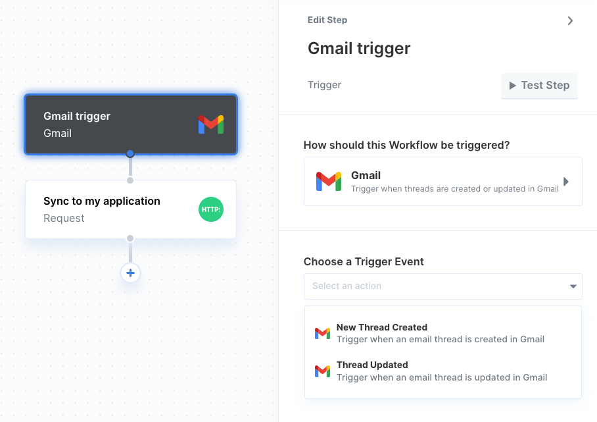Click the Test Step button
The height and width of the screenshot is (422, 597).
(539, 86)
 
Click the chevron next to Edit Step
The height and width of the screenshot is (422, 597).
(570, 20)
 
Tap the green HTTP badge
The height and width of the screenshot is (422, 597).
(211, 209)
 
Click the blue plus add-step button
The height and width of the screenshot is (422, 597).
(130, 273)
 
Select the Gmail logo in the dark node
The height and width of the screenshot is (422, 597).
(211, 124)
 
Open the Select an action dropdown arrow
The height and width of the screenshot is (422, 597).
(573, 286)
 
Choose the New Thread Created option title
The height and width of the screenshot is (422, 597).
(382, 327)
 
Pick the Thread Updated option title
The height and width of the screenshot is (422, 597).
(372, 365)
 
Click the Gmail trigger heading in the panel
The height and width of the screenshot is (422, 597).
(359, 49)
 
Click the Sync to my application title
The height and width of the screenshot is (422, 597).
(102, 201)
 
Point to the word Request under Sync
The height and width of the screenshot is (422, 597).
(64, 218)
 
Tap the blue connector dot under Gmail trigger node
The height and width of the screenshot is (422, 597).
(130, 153)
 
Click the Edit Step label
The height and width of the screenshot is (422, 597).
(327, 20)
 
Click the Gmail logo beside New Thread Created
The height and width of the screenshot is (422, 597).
(322, 333)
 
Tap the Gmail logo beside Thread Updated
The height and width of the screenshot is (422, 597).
(322, 371)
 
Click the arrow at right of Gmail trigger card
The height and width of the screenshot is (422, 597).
(566, 182)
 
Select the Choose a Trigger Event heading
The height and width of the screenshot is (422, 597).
(364, 261)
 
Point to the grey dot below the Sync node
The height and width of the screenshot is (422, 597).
(130, 238)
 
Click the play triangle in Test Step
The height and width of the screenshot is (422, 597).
(513, 86)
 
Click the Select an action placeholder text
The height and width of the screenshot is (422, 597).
(347, 286)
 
